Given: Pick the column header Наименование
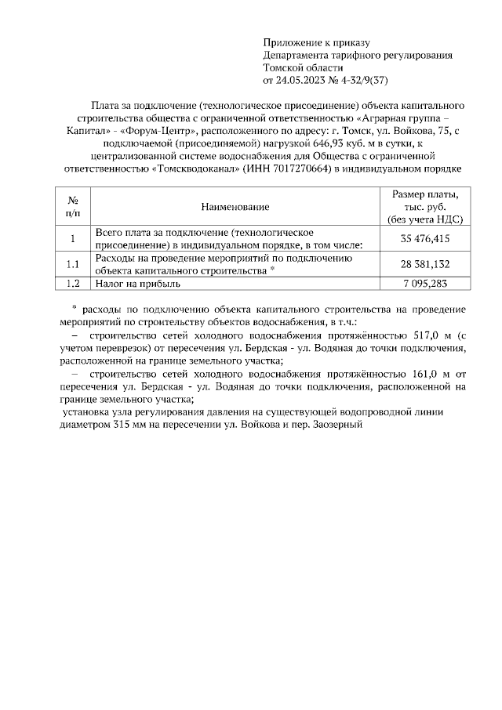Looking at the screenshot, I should [x=235, y=207].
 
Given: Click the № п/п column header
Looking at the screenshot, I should [x=72, y=207].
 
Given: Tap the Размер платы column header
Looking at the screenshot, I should [x=424, y=207].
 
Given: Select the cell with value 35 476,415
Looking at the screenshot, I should [x=424, y=238].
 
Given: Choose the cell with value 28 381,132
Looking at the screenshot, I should [x=424, y=264].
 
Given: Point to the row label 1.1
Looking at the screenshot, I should [x=72, y=264].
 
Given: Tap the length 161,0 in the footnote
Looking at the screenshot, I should [x=420, y=373].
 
